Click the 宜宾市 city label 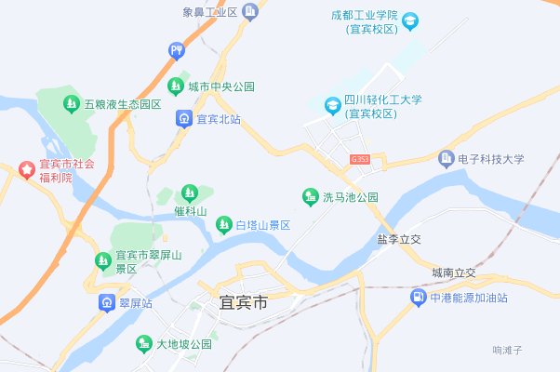click(243, 303)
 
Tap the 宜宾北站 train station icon click(183, 119)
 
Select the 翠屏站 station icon click(106, 303)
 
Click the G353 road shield click(360, 160)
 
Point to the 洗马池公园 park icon click(310, 197)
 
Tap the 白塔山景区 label click(263, 225)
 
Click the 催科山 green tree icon click(190, 193)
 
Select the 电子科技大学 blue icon click(446, 159)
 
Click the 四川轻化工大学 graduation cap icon click(331, 107)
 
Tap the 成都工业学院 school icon click(410, 20)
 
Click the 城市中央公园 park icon click(175, 86)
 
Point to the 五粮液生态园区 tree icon click(71, 103)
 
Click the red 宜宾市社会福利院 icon click(26, 170)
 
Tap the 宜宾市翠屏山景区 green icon click(101, 261)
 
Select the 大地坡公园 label click(183, 344)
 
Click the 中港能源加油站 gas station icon click(418, 298)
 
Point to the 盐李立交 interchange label click(399, 239)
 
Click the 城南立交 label click(453, 272)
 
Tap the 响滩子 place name click(509, 350)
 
